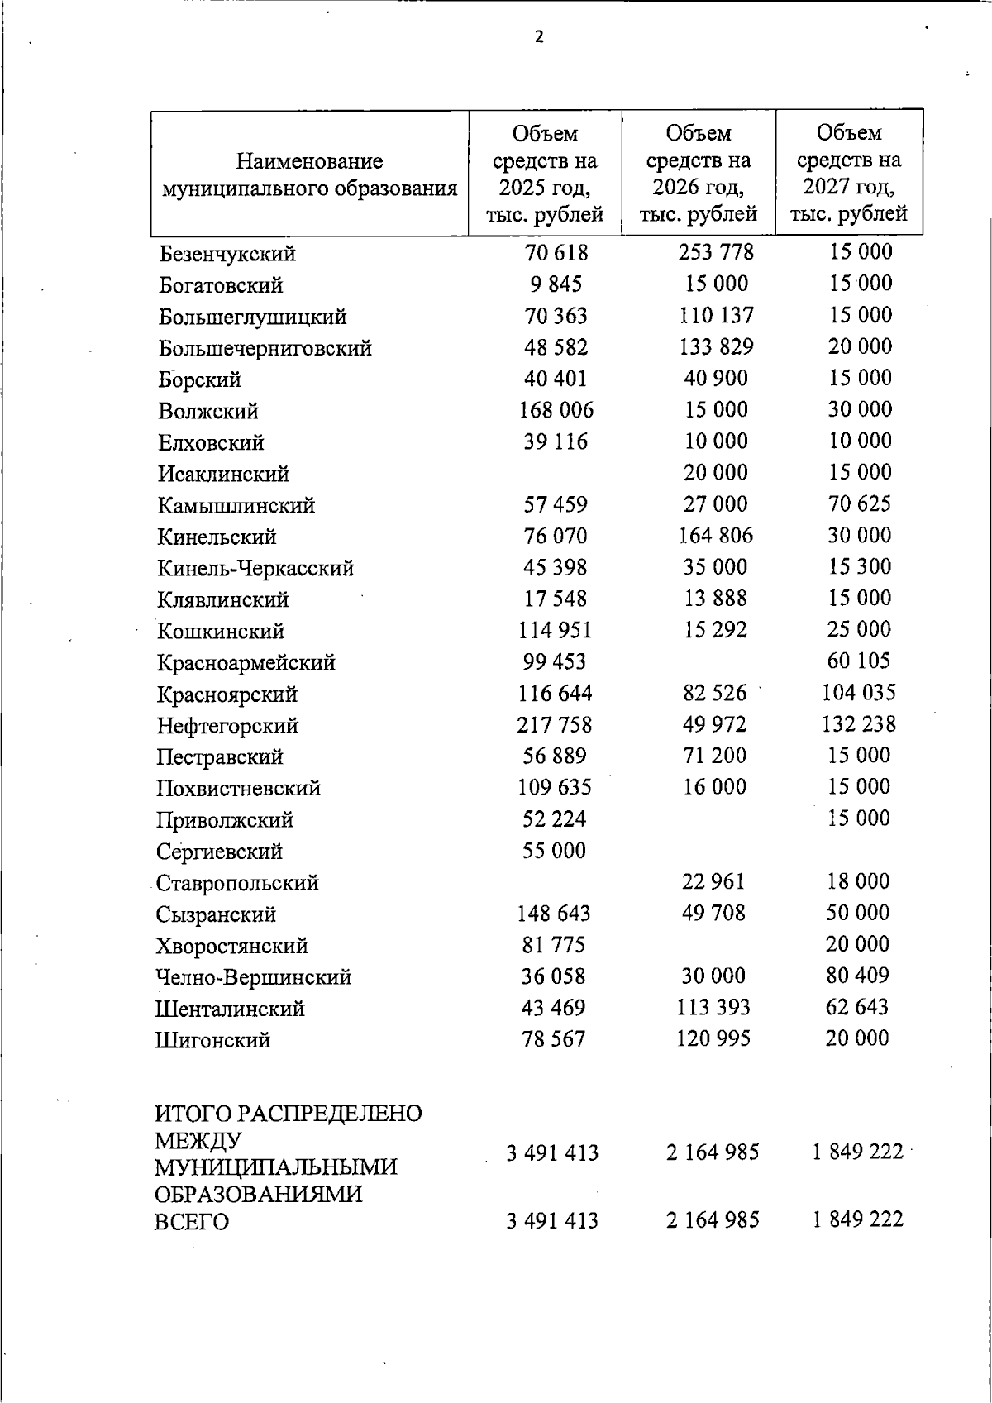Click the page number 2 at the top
coord(539,37)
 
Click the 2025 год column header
coord(545,174)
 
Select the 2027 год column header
coord(849,173)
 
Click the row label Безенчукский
coord(227,254)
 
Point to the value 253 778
coord(716,251)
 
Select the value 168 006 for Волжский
coord(556,410)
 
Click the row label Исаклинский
coord(223,475)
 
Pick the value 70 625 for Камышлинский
coord(859,503)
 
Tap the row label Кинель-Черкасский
coord(255,569)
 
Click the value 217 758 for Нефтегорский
coord(555,725)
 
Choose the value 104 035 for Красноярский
coord(858,692)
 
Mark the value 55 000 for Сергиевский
coord(554,851)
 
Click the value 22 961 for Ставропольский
coord(713,881)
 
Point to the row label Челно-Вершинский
coord(254,977)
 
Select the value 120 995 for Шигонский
coord(713,1038)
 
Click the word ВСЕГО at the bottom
coord(192,1222)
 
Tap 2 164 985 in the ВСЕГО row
coord(713,1220)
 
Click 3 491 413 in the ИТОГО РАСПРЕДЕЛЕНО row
coord(552,1153)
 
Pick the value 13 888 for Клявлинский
coord(715,598)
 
